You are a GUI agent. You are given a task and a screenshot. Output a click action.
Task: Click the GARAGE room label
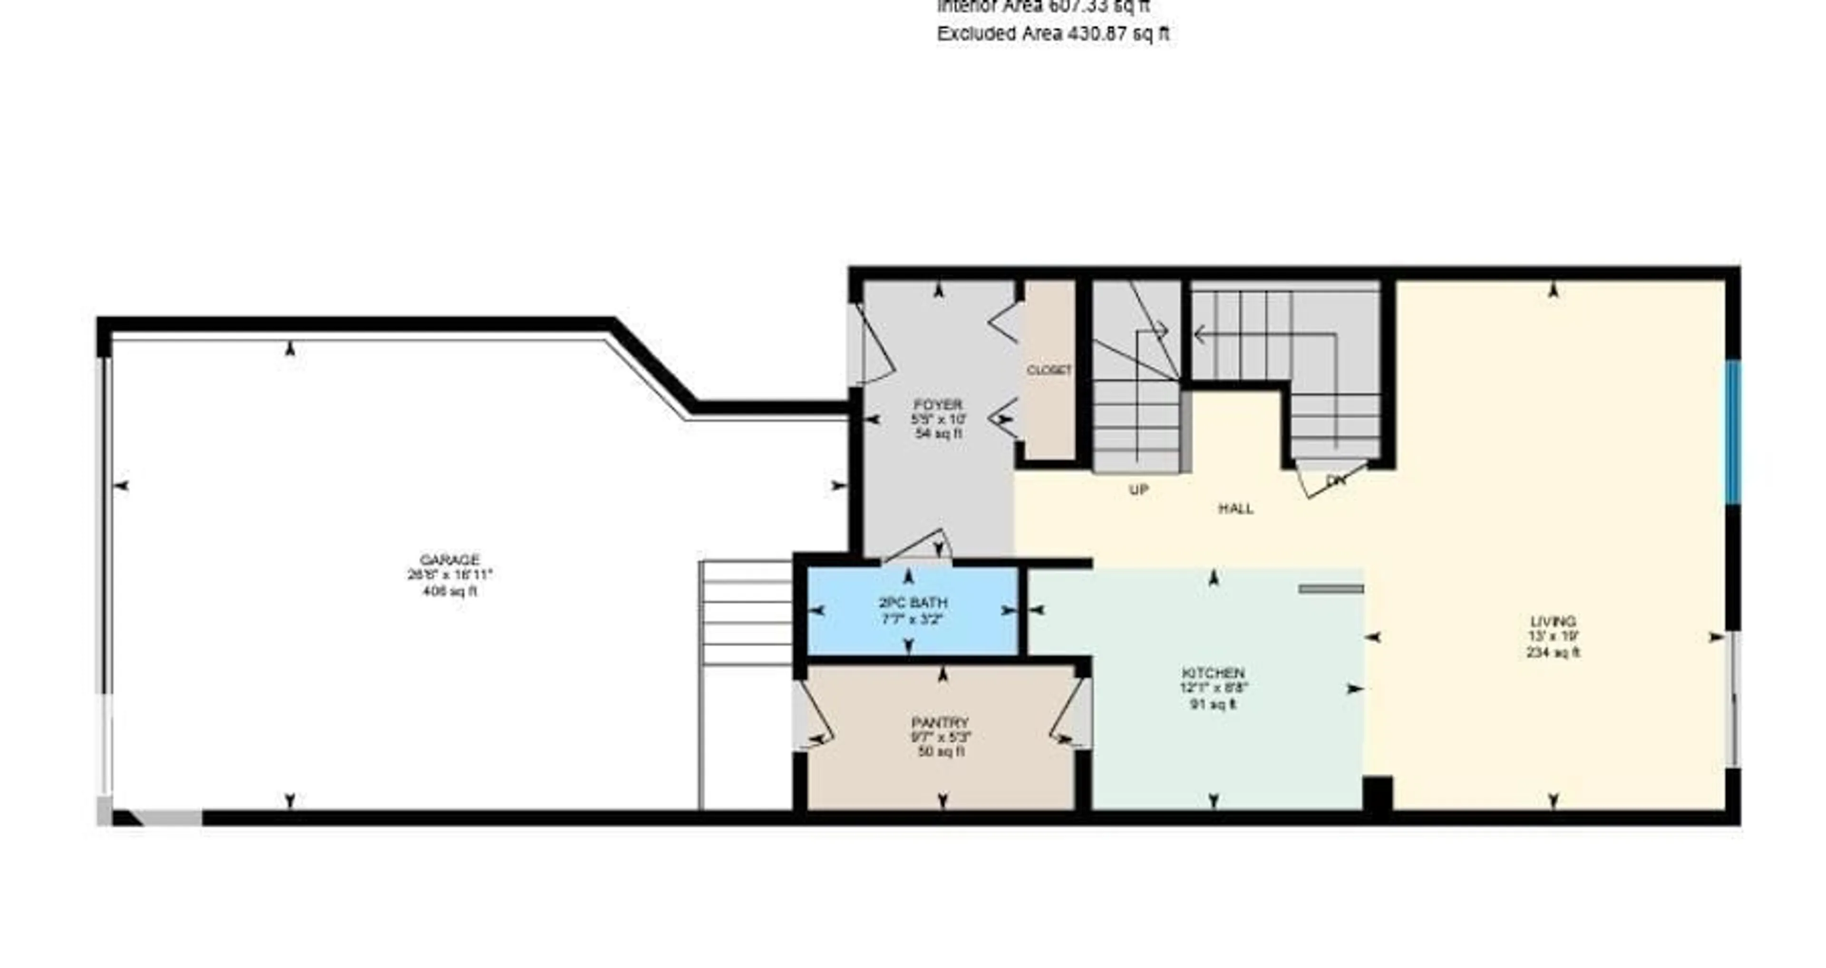(449, 560)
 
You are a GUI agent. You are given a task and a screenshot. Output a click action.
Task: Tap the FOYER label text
(938, 404)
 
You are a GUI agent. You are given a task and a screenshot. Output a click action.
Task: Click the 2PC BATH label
(913, 603)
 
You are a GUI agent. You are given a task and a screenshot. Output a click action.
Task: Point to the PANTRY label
(940, 722)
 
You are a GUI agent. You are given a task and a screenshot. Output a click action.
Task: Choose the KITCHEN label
(1213, 672)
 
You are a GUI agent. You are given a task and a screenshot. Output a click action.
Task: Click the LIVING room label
(1553, 622)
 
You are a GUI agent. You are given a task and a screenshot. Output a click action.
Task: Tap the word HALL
(1235, 508)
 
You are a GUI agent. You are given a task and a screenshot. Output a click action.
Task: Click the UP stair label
(1138, 489)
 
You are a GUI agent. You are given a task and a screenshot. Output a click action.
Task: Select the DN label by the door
(1335, 480)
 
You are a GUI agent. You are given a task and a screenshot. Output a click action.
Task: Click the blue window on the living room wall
(1732, 432)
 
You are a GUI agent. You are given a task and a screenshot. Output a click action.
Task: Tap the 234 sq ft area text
(1553, 652)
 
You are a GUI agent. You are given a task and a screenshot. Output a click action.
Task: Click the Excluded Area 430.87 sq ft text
(1053, 33)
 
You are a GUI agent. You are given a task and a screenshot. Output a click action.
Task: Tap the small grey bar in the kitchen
(1331, 589)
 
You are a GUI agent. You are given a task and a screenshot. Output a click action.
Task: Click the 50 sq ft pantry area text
(941, 752)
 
